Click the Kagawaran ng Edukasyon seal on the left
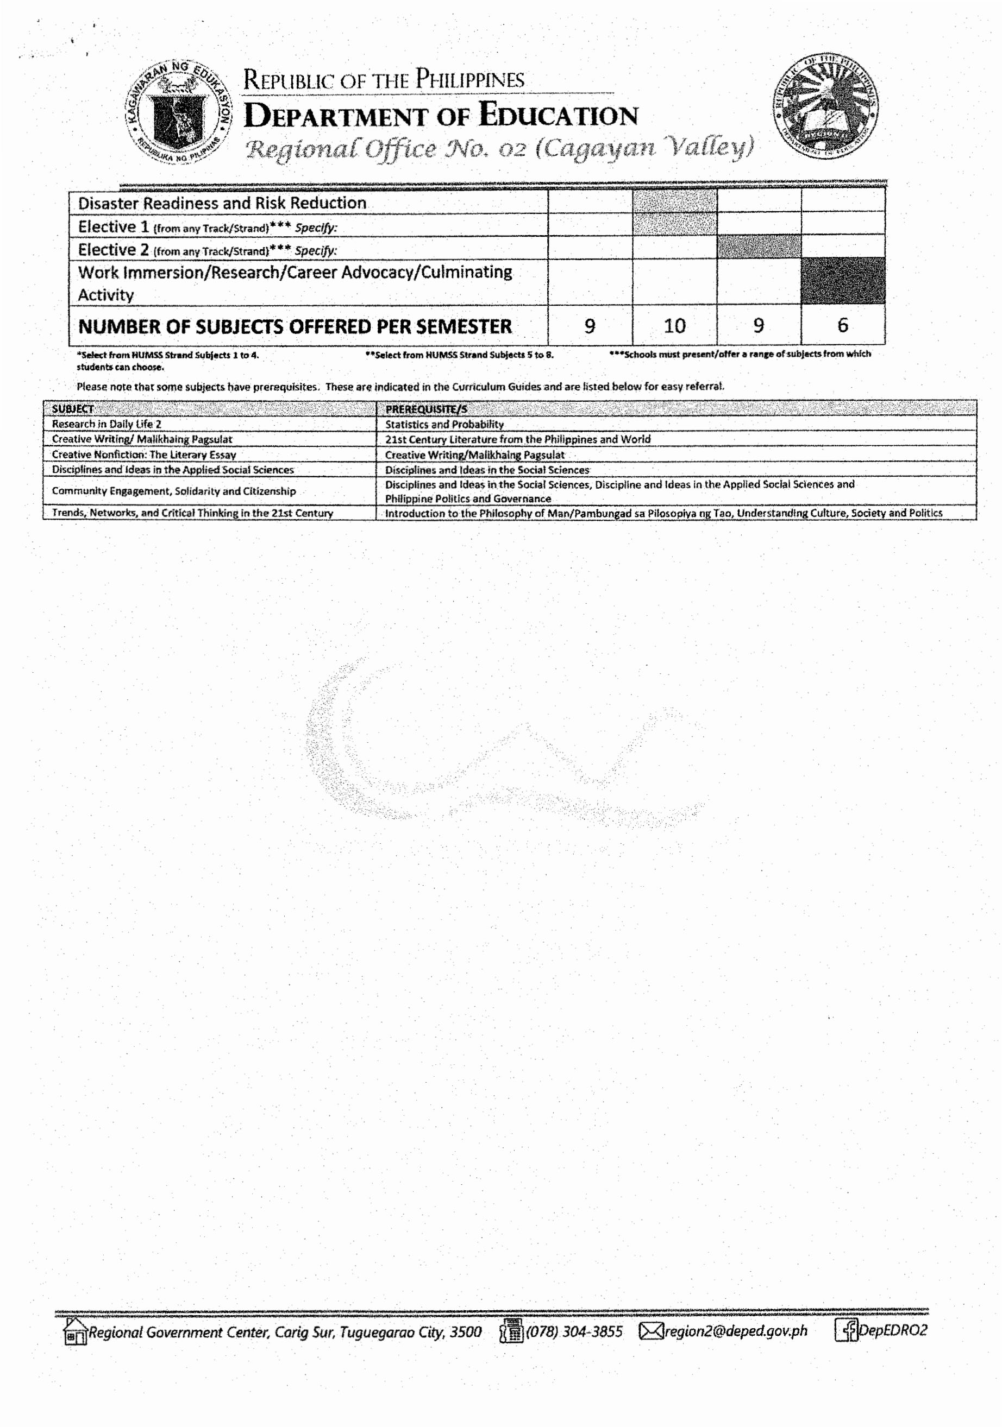tap(179, 113)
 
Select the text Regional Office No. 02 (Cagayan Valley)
tap(499, 148)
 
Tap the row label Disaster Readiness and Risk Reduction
tap(222, 203)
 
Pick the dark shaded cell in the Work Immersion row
tap(843, 281)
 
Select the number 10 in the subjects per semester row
tap(674, 326)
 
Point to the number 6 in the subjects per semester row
tap(843, 325)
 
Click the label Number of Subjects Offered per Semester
tap(295, 326)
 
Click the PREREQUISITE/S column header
tap(426, 409)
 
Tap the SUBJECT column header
tap(73, 409)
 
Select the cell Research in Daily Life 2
tap(107, 424)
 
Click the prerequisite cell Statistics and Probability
tap(444, 425)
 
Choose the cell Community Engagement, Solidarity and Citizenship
tap(173, 491)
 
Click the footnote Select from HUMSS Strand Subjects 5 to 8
tap(459, 355)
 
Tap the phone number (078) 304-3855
tap(574, 1331)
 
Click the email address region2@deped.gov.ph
tap(735, 1331)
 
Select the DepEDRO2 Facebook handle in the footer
tap(892, 1330)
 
